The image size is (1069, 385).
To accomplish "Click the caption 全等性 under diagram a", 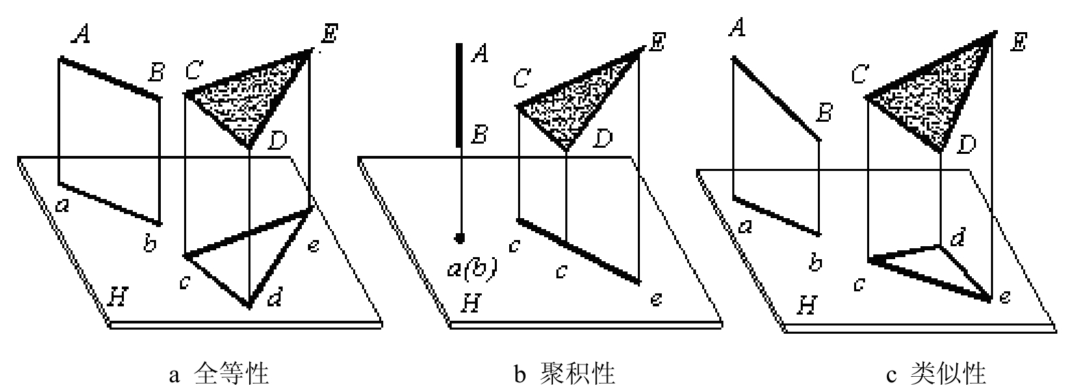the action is pos(232,373).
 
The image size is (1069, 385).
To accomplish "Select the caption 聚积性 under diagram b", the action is pos(578,373).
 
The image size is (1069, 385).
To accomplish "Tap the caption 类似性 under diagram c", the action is pos(946,373).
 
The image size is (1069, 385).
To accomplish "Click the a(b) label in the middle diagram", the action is pos(472,268).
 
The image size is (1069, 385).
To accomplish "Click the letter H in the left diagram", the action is pos(118,297).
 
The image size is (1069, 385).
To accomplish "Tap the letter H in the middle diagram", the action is pos(472,303).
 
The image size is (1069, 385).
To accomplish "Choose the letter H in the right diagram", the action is pos(807,305).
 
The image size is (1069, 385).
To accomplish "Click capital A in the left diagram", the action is pos(81,34).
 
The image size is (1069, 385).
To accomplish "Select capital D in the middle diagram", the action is pos(603,138).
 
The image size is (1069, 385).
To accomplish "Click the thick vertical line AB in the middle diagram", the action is pos(459,96).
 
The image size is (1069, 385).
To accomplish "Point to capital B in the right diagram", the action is pos(824,113).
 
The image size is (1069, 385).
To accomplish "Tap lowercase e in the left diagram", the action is pos(313,246).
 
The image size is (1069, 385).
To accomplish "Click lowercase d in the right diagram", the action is pos(957,237).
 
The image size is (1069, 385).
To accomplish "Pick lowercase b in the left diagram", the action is pos(151,243).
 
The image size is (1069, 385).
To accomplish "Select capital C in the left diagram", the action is pos(194,70).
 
